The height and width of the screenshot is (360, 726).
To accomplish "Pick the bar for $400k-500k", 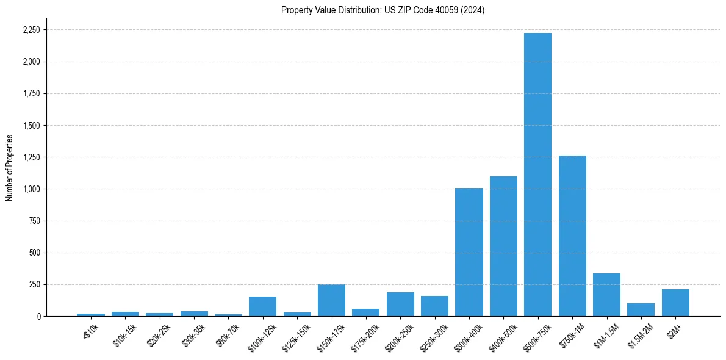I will coord(503,247).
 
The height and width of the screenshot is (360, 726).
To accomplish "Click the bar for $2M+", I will coord(675,303).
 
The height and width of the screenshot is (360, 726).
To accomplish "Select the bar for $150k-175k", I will coord(331,300).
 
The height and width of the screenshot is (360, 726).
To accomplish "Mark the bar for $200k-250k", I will coord(400,304).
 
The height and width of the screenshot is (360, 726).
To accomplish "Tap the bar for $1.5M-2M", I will coord(641,310).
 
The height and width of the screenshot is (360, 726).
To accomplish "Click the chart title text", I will coord(383,10).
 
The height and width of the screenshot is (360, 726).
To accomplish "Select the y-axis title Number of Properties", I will coord(10,168).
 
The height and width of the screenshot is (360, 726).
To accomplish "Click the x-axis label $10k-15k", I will coord(125,334).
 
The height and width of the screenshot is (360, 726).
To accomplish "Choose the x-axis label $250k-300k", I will coord(434,336).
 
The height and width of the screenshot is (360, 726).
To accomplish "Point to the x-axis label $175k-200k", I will coord(365,336).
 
